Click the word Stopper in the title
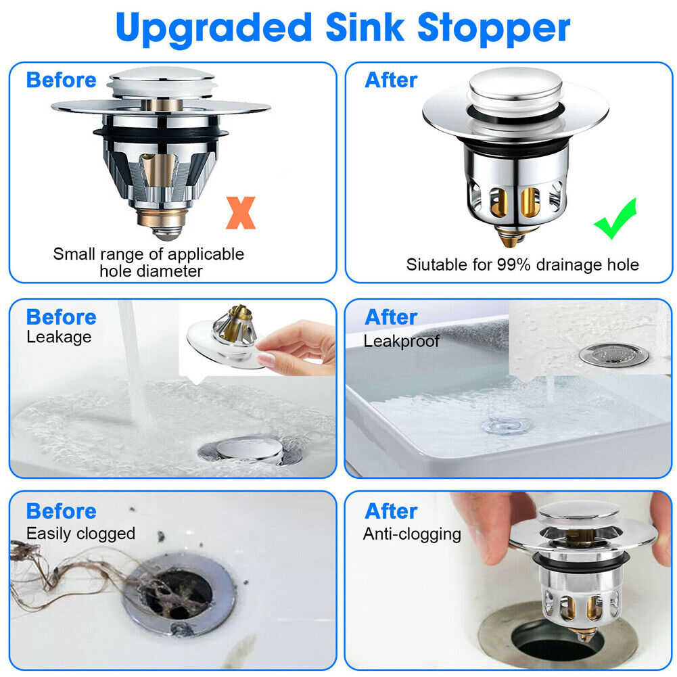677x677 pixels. point(494,28)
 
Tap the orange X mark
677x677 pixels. point(241,212)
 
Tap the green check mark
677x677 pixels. point(615,218)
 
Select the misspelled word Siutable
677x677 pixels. point(434,264)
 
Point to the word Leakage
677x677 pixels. point(59,337)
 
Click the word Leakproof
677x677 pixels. point(401,341)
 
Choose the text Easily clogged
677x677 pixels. point(80,534)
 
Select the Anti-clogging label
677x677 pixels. point(412,534)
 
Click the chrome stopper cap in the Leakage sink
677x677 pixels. point(250,448)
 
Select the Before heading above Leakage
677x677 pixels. point(61,317)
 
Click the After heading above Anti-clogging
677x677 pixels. point(391,511)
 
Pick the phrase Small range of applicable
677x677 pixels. point(149,254)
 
